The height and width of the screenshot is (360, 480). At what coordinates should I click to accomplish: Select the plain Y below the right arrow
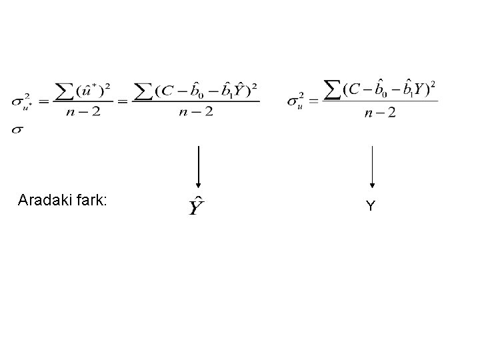pyautogui.click(x=371, y=207)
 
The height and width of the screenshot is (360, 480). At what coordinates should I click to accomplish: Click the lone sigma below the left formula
pyautogui.click(x=17, y=130)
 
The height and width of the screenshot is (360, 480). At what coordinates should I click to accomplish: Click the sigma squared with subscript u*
pyautogui.click(x=20, y=102)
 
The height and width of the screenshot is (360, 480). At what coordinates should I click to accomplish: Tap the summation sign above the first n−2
pyautogui.click(x=65, y=91)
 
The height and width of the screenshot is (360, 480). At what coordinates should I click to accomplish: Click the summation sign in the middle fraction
pyautogui.click(x=145, y=91)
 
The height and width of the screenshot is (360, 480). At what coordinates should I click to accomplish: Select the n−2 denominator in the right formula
pyautogui.click(x=380, y=113)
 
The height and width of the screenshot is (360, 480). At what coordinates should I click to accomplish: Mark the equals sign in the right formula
pyautogui.click(x=313, y=101)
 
